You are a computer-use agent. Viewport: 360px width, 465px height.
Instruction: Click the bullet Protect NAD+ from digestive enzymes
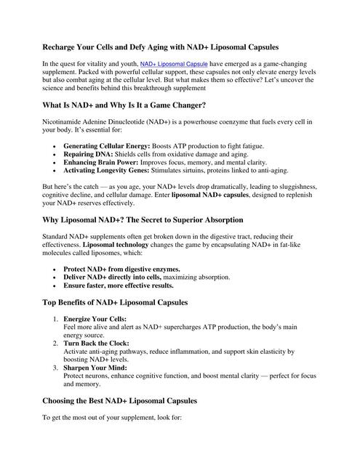[x=121, y=268]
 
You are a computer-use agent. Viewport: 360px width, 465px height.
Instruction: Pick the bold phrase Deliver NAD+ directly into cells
[x=115, y=277]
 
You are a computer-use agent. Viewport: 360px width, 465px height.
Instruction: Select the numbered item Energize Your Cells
[x=95, y=320]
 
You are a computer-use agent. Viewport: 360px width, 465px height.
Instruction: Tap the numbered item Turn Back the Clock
[x=96, y=344]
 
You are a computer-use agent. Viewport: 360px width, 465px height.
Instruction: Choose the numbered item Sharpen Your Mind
[x=94, y=368]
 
